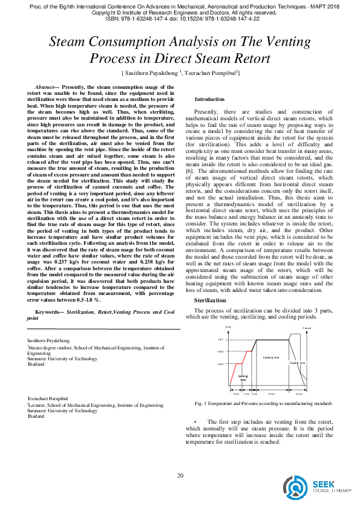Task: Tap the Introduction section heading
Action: tap(209, 99)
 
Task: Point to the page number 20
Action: tap(180, 476)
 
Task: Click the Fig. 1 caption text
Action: tap(263, 403)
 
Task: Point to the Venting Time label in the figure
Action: tap(243, 378)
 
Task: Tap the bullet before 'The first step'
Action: tap(195, 421)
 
